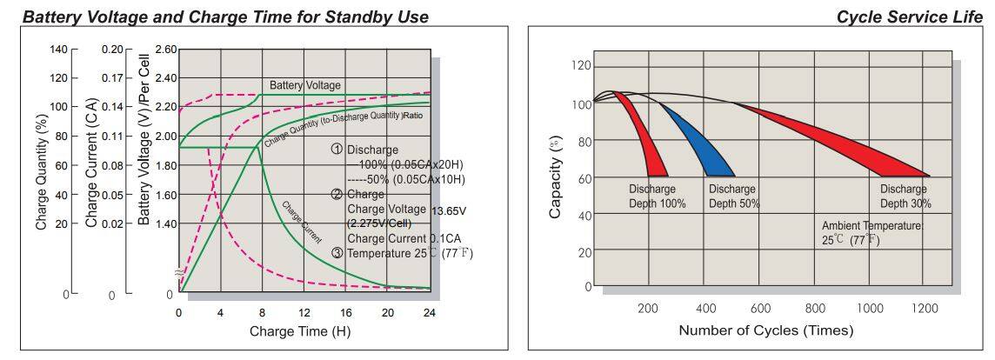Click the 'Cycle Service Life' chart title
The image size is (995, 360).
910,17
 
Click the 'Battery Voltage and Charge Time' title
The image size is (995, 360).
225,17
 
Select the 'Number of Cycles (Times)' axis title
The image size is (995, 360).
765,330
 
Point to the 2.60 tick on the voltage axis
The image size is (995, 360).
165,50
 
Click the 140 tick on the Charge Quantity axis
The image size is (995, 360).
57,50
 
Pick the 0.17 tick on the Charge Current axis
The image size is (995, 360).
111,78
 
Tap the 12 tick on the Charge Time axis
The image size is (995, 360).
304,312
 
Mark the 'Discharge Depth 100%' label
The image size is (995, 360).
658,196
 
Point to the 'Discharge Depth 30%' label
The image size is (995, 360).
905,196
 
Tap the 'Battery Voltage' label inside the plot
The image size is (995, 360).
304,85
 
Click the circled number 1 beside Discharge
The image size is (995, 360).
337,150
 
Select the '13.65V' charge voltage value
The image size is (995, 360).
451,210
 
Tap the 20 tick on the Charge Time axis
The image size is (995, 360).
388,312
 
